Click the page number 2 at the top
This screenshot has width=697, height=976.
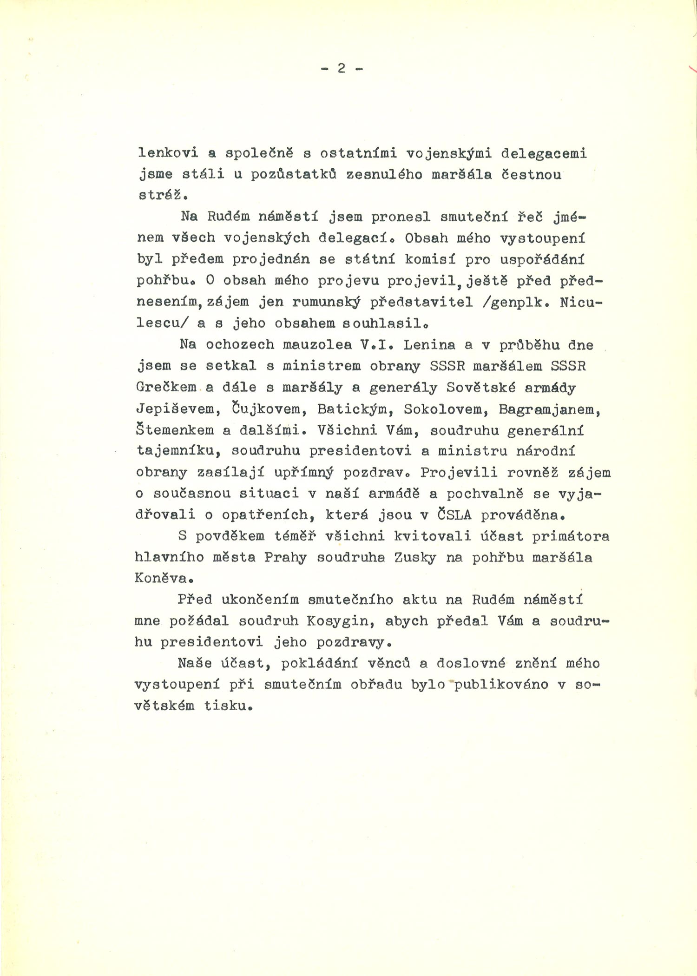click(x=342, y=69)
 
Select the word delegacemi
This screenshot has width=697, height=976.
click(x=544, y=153)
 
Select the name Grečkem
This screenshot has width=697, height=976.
click(x=166, y=388)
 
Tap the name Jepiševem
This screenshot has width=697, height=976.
click(x=176, y=409)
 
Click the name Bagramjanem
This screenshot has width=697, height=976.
click(x=550, y=409)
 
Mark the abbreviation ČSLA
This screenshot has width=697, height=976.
click(x=454, y=515)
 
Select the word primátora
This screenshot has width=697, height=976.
click(x=571, y=536)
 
